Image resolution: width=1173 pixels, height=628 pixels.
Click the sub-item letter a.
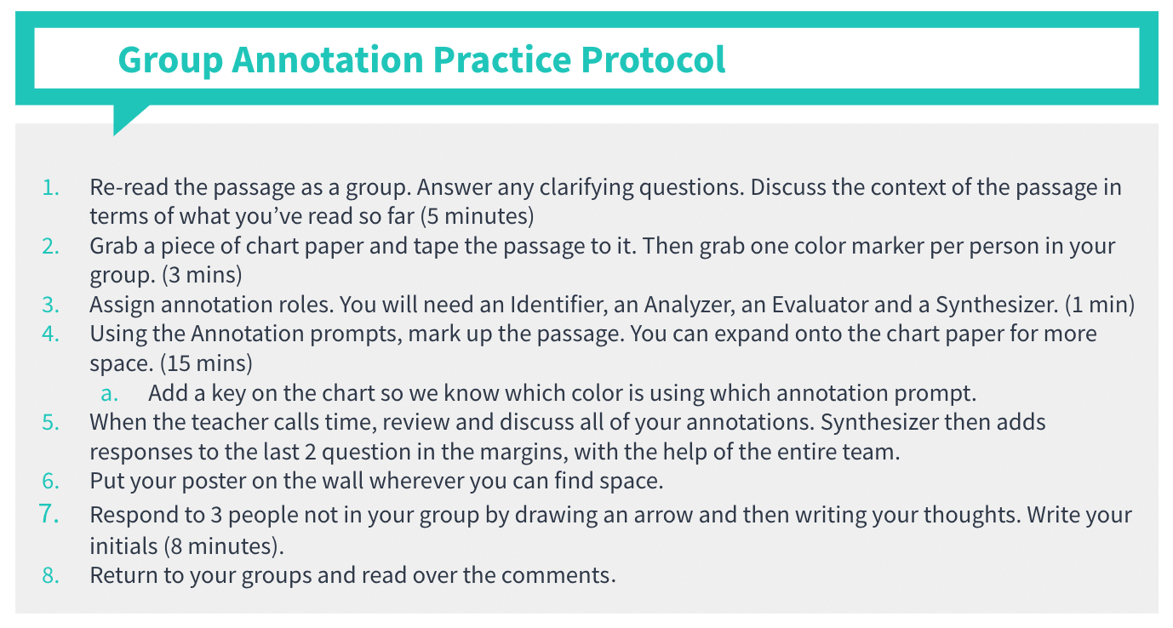pos(108,393)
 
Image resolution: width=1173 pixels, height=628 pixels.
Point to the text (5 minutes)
pos(477,216)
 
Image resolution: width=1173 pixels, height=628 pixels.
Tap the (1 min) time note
pos(1100,305)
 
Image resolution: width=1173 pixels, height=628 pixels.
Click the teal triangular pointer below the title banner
pos(128,117)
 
